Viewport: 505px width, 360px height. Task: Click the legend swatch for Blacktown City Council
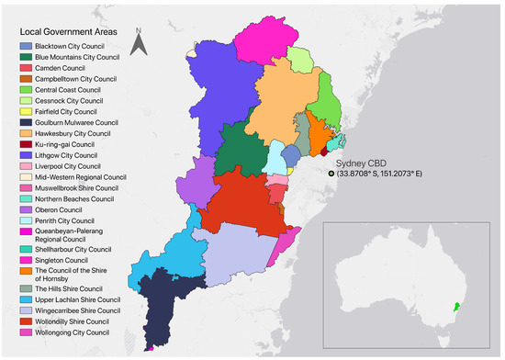[27, 46]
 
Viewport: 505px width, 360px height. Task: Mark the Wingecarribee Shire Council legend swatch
[27, 310]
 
